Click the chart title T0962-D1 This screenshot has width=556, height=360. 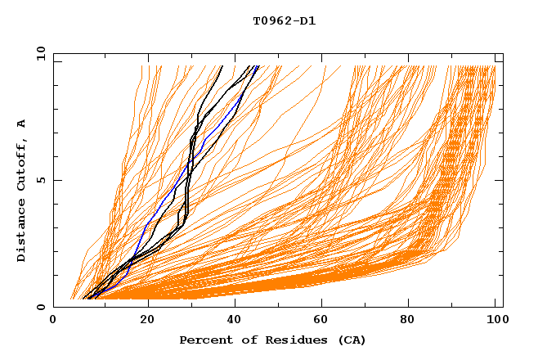[x=284, y=21]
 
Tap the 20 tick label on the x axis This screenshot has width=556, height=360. [x=147, y=320]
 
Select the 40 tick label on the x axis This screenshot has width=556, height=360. [x=235, y=320]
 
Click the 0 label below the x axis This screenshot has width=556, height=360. [x=54, y=320]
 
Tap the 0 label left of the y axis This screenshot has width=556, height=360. [x=40, y=307]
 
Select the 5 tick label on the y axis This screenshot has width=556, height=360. [x=40, y=180]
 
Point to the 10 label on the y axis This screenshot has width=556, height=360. [x=38, y=53]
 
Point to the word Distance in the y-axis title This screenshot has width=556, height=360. [x=21, y=232]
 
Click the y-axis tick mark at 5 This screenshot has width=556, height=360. [x=56, y=180]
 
